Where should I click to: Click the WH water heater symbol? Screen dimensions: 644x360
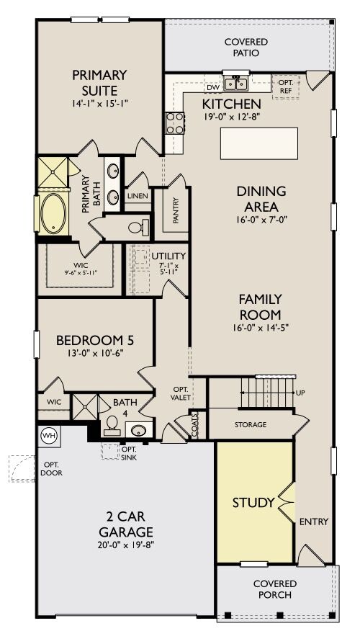click(50, 435)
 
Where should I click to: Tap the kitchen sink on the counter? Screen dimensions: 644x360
click(235, 85)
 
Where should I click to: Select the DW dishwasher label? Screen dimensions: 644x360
click(212, 87)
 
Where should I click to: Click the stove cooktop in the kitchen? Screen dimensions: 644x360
click(175, 123)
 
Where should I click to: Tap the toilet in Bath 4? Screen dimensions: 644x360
click(112, 425)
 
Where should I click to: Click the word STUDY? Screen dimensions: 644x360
click(253, 502)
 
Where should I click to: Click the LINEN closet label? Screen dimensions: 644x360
click(138, 195)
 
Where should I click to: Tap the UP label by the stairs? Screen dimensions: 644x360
click(300, 393)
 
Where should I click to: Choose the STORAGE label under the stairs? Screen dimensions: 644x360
click(250, 424)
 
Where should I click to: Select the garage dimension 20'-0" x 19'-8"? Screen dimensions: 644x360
click(126, 544)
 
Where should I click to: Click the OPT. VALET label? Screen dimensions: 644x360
click(179, 393)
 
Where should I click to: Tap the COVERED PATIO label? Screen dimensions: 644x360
click(246, 48)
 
